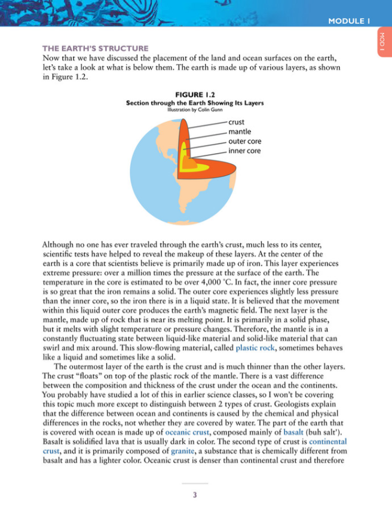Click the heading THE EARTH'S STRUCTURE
point(95,48)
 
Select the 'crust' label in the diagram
point(236,122)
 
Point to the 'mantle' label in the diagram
point(240,131)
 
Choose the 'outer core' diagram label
point(245,142)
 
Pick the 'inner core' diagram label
point(244,151)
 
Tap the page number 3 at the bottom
point(195,495)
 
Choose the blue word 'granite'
point(182,452)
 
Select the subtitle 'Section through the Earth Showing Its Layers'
point(195,102)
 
